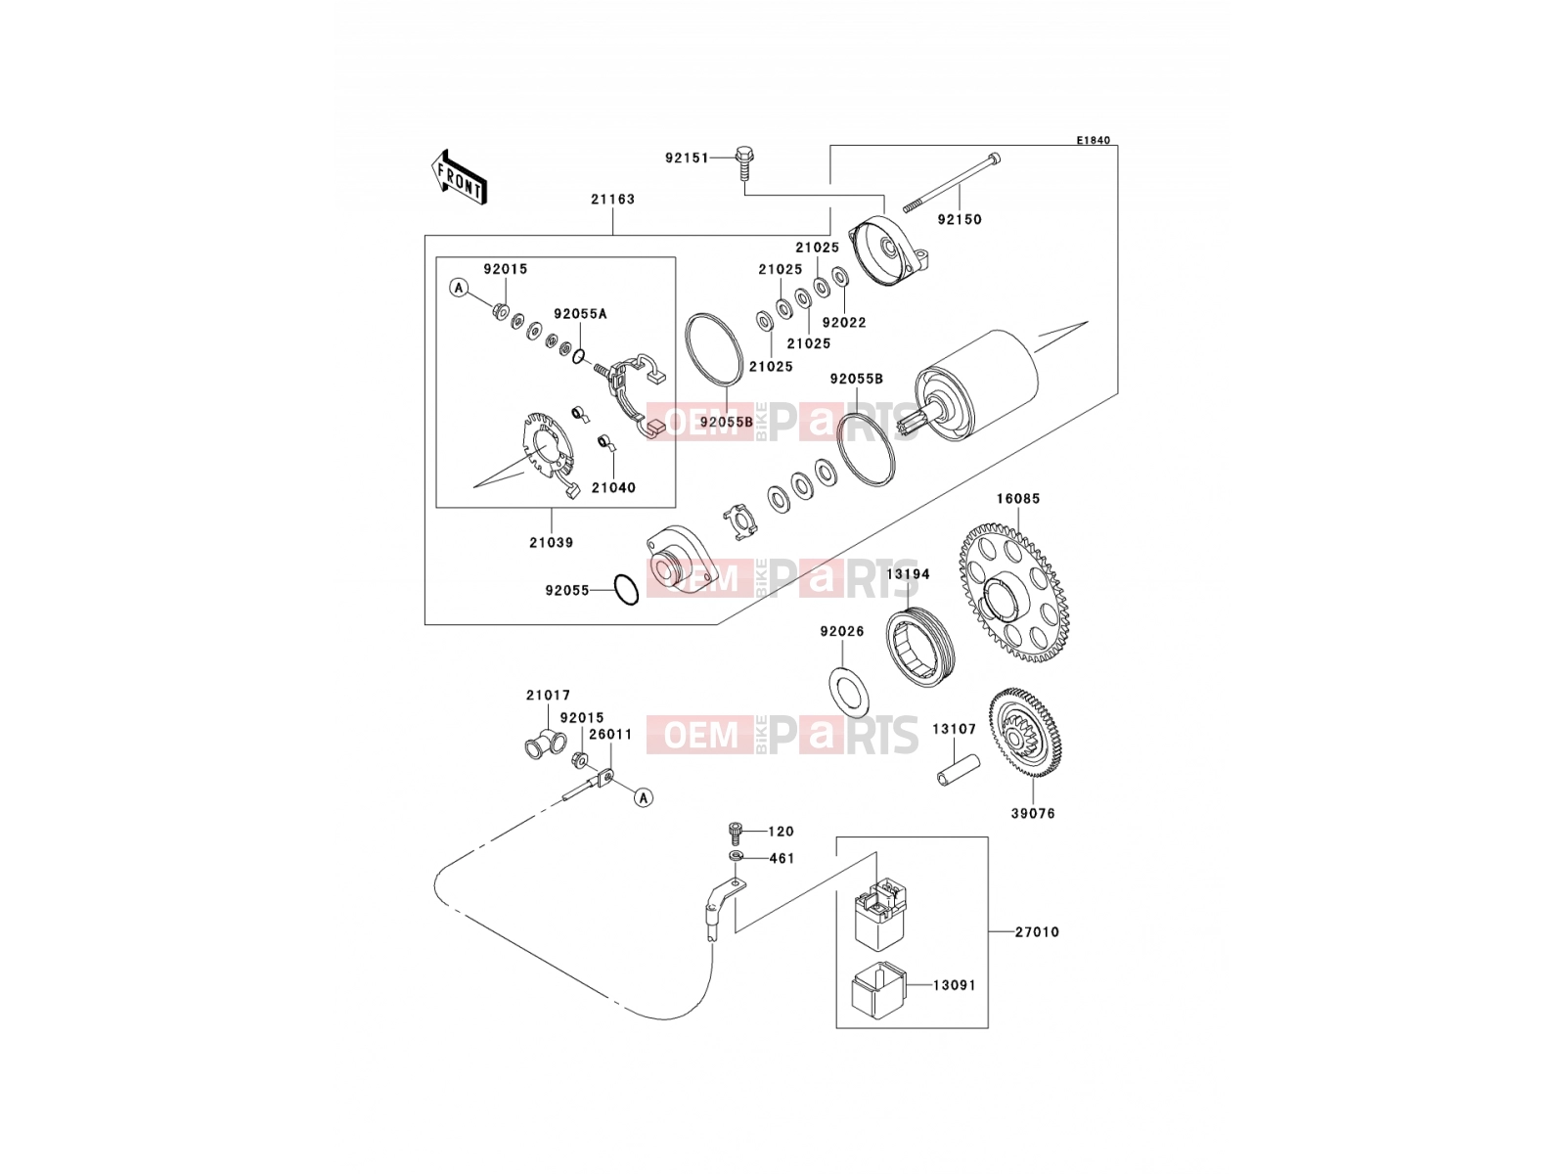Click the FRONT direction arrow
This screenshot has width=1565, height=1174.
pyautogui.click(x=459, y=177)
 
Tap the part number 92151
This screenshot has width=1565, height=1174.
pyautogui.click(x=687, y=158)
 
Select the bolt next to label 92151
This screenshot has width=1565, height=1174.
pyautogui.click(x=744, y=163)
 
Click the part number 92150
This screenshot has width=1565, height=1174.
pyautogui.click(x=959, y=219)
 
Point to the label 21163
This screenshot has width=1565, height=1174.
pyautogui.click(x=612, y=199)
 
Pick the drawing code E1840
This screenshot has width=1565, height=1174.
pyautogui.click(x=1093, y=141)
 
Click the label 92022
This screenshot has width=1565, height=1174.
pyautogui.click(x=844, y=322)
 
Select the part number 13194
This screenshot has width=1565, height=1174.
pyautogui.click(x=908, y=574)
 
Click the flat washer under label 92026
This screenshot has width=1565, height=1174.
pyautogui.click(x=848, y=692)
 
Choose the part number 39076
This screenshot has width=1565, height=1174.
pyautogui.click(x=1032, y=813)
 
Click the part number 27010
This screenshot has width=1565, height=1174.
pyautogui.click(x=1038, y=931)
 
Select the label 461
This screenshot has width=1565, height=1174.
pyautogui.click(x=782, y=858)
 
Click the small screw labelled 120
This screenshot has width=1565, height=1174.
pyautogui.click(x=736, y=833)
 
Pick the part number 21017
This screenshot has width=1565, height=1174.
pyautogui.click(x=549, y=695)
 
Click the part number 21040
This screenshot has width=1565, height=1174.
pyautogui.click(x=613, y=487)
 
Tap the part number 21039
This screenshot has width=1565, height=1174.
pyautogui.click(x=551, y=542)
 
